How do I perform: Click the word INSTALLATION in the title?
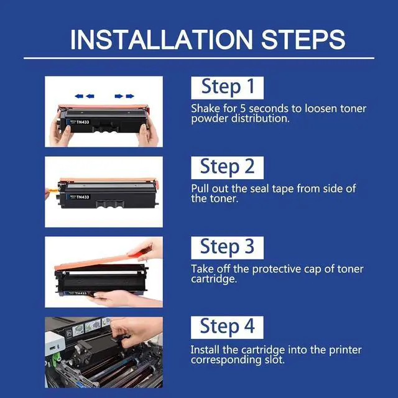[162, 40]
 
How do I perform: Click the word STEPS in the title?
[303, 40]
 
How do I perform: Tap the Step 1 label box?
[227, 88]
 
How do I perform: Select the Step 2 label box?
[227, 168]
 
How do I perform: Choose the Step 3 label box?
[227, 248]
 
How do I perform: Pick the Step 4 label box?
[227, 328]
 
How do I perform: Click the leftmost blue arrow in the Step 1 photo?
[79, 96]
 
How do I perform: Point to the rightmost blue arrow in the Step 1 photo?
[130, 96]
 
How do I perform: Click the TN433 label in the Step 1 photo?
[83, 122]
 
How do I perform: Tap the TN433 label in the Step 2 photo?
[83, 197]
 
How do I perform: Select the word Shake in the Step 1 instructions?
[206, 109]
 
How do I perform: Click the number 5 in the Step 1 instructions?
[243, 109]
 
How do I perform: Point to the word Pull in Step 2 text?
[200, 188]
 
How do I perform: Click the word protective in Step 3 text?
[276, 269]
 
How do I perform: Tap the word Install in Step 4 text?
[205, 349]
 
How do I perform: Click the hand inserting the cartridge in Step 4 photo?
[134, 330]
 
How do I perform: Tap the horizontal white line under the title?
[199, 58]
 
